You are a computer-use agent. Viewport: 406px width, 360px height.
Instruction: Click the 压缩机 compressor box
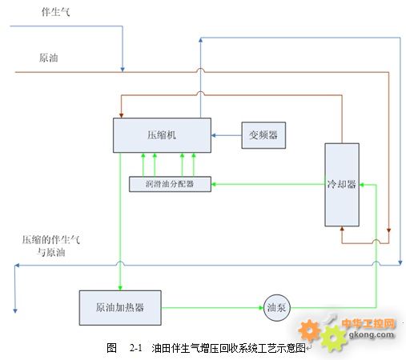point(162,135)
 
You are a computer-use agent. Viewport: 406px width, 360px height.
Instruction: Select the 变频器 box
point(263,135)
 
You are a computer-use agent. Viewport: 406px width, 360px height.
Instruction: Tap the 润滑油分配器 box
point(170,184)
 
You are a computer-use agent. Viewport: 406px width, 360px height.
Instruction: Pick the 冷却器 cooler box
point(342,185)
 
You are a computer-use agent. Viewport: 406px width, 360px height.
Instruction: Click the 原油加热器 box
point(120,308)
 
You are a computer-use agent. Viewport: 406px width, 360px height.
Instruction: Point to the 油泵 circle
point(277,308)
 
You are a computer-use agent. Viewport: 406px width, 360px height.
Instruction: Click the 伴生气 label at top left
point(55,12)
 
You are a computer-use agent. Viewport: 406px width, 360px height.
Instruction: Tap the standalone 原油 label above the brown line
point(49,58)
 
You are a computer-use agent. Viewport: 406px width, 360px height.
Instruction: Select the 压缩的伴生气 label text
point(51,240)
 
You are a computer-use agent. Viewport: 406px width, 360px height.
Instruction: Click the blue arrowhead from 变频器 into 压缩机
point(213,135)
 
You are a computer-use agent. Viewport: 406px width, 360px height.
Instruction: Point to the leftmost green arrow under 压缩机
point(143,165)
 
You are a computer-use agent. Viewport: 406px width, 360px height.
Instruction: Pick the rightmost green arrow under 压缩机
point(194,165)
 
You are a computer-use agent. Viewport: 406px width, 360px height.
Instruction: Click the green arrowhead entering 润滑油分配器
point(214,184)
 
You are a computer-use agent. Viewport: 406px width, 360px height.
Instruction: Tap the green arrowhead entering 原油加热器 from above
point(120,288)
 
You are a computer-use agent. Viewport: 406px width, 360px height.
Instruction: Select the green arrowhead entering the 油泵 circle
point(261,308)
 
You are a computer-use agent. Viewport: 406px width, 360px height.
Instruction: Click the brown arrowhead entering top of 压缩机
point(121,116)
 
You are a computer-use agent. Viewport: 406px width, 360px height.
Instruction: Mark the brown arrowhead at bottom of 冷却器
point(342,229)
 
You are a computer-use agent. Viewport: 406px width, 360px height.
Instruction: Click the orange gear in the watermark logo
point(309,330)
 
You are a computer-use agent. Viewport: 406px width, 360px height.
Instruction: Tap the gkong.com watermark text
point(372,334)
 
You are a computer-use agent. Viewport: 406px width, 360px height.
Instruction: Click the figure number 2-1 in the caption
point(136,348)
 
